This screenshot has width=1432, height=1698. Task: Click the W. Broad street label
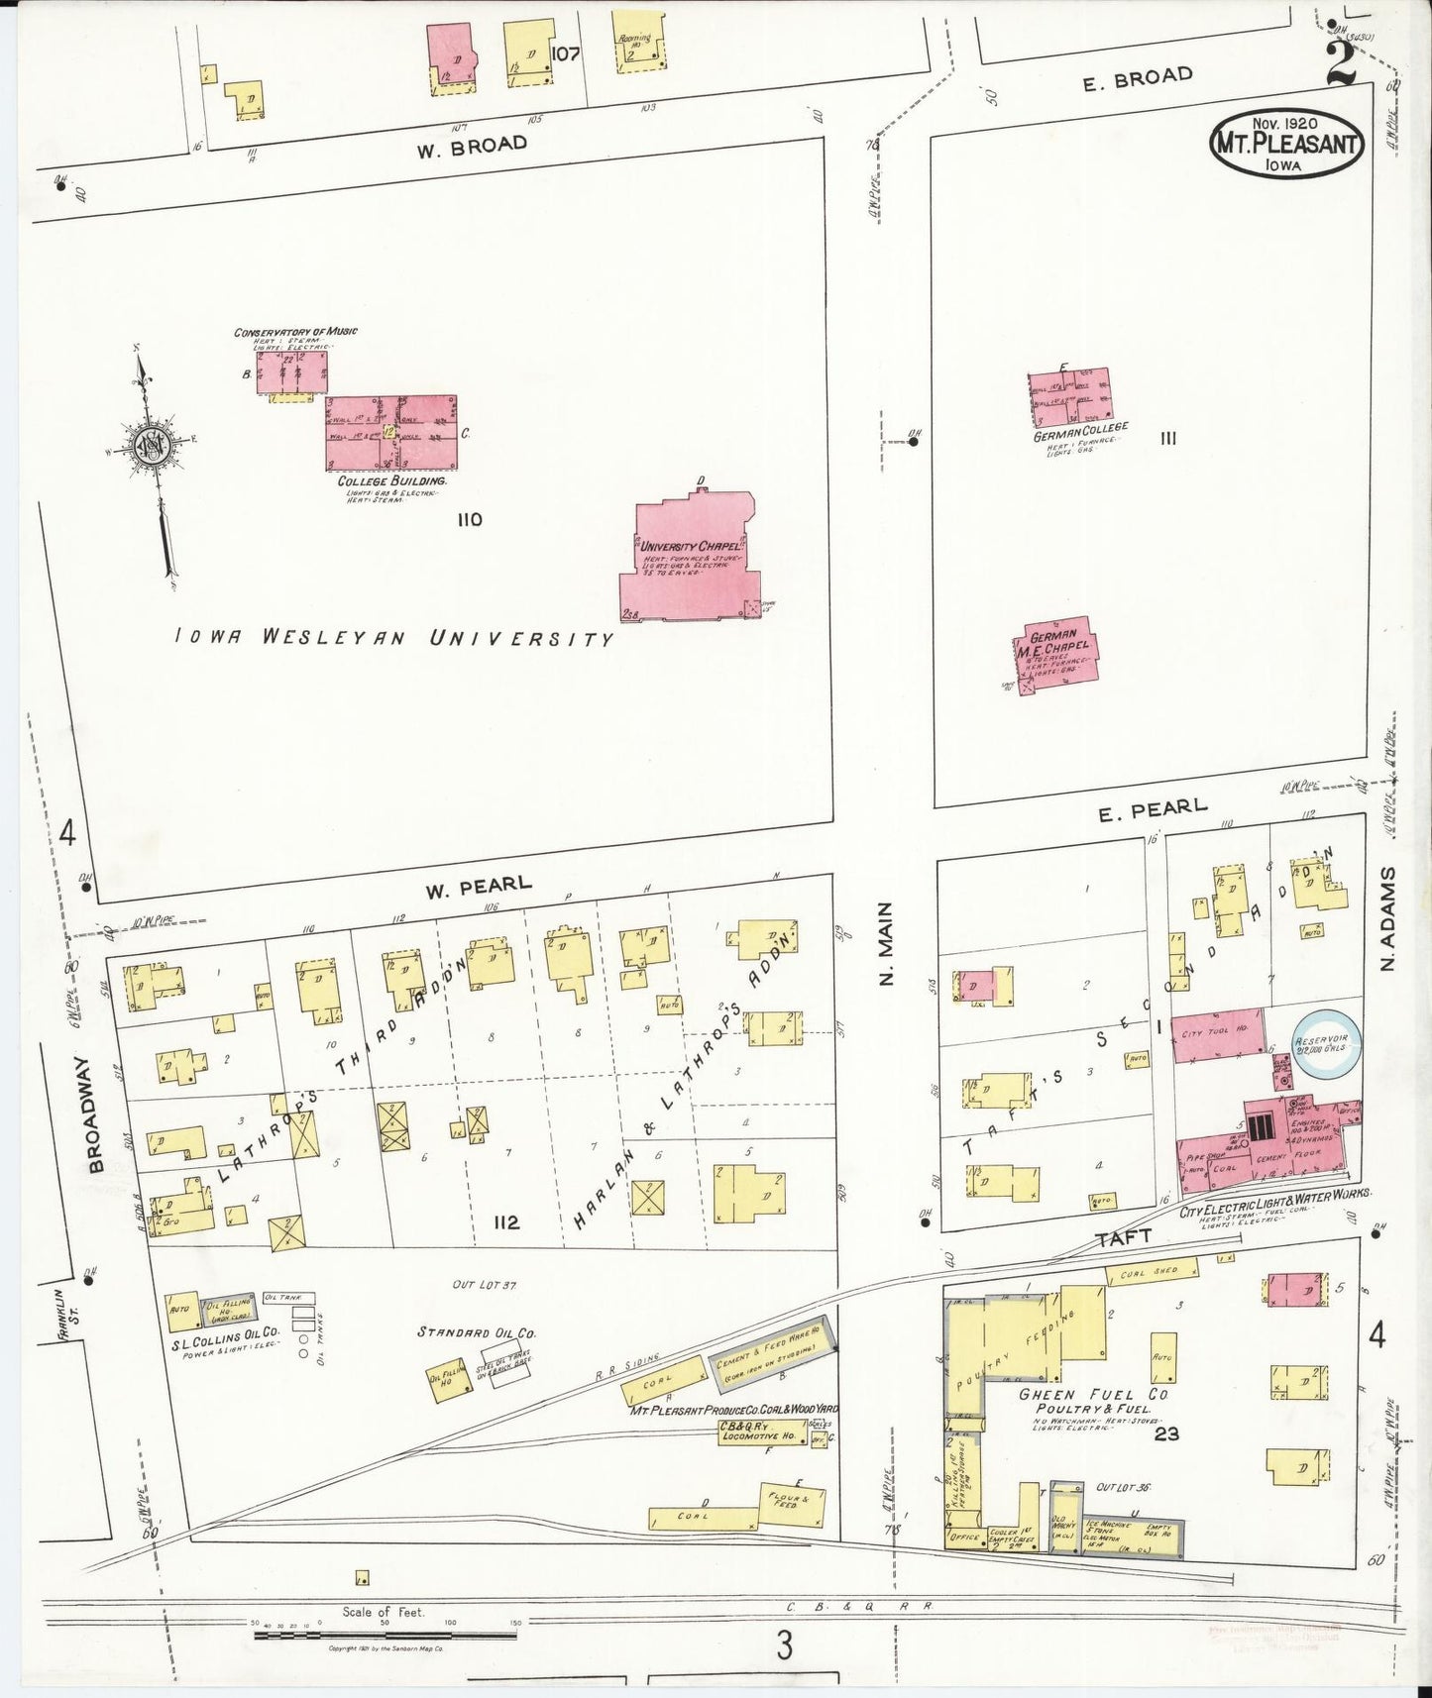coord(471,145)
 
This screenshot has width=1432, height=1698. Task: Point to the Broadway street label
coord(96,1114)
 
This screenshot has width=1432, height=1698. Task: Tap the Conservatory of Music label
coord(295,332)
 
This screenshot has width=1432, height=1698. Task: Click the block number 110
coord(470,519)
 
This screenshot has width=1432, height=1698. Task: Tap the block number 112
coord(506,1222)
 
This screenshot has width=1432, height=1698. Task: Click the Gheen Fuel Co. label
coord(1094,1394)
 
